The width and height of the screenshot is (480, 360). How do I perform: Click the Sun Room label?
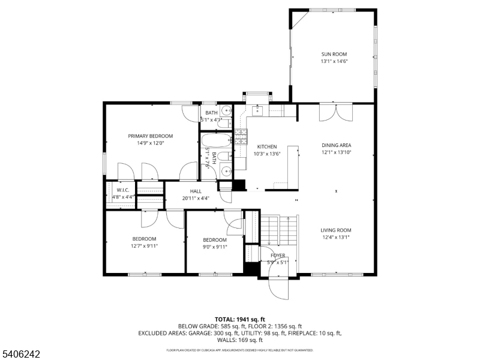334,54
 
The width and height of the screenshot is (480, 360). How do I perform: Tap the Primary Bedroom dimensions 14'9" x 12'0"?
151,143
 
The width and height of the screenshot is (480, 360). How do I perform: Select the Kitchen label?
267,146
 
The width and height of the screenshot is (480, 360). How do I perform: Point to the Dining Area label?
336,145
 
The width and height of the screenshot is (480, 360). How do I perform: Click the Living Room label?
336,230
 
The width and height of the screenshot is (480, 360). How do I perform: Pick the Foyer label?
278,256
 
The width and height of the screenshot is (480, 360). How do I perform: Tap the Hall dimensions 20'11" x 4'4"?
196,198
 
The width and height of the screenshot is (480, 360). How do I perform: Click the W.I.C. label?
123,190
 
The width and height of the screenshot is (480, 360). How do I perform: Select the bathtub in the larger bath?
216,140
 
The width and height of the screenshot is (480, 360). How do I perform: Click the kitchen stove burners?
241,137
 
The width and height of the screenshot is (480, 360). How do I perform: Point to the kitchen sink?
258,110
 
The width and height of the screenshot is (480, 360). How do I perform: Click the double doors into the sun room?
336,113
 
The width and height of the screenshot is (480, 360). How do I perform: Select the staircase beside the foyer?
279,230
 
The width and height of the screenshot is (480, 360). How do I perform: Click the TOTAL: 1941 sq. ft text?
239,320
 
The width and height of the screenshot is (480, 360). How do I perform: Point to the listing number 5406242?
20,354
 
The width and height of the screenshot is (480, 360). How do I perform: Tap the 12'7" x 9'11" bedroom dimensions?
144,245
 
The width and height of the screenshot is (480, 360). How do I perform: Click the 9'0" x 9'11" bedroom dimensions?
215,247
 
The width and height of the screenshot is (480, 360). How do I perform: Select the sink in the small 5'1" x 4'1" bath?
227,110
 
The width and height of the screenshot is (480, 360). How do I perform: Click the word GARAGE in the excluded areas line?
199,333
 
